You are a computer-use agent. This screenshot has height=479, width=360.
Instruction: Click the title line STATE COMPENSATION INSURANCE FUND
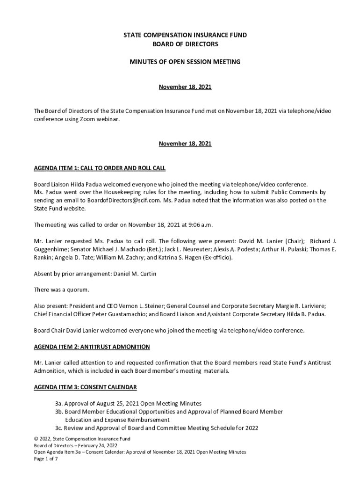(x=185, y=35)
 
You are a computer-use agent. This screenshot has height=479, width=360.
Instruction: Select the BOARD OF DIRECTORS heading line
(x=185, y=44)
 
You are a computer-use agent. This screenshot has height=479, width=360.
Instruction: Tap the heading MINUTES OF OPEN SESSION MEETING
(x=185, y=62)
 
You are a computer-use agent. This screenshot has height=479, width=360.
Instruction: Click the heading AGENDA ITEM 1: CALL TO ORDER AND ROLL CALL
(x=100, y=168)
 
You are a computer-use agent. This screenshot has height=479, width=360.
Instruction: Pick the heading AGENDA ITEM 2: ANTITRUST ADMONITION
(x=92, y=347)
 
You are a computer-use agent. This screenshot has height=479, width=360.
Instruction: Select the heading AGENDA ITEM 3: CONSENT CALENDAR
(x=86, y=388)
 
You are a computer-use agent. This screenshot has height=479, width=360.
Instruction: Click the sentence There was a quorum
(x=61, y=290)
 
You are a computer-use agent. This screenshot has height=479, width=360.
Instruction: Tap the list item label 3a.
(x=59, y=403)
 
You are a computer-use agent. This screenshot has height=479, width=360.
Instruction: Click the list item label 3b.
(x=59, y=412)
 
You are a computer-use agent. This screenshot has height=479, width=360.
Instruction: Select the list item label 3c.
(x=59, y=428)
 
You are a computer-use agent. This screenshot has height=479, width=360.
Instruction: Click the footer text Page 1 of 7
(x=45, y=459)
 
